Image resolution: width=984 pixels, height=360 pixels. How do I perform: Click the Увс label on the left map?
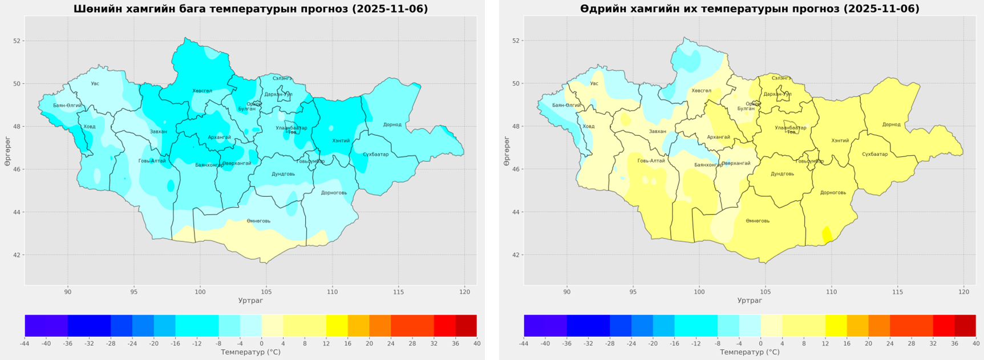pos(95,84)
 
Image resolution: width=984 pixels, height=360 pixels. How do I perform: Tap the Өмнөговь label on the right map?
pos(758,221)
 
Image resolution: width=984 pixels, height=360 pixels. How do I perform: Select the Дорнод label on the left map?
pos(392,124)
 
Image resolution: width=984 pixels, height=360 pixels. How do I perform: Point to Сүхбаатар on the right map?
pos(874,154)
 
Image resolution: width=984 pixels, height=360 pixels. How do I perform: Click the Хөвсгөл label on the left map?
pos(202,91)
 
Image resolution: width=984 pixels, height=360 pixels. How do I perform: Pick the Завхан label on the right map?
pos(657,131)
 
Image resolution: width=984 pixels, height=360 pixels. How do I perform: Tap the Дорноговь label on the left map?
pos(334,193)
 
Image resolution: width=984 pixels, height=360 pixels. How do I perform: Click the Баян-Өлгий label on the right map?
pos(566,105)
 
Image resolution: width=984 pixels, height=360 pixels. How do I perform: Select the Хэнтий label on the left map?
pos(341,140)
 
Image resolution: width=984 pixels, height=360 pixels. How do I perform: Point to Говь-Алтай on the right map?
pos(651,161)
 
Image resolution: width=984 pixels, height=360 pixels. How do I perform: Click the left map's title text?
pos(250,9)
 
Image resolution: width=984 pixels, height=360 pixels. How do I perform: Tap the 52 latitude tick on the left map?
pos(17,41)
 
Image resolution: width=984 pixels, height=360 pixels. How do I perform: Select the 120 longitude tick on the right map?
pos(963,292)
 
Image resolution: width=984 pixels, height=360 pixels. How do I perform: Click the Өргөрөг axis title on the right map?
pos(506,151)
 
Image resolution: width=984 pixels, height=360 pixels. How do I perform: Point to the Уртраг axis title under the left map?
pos(250,301)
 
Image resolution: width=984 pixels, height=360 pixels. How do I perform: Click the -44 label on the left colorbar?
pos(25,343)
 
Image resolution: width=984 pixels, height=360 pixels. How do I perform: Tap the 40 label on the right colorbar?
pos(975,343)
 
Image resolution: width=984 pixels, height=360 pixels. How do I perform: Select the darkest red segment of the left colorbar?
pos(466,325)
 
